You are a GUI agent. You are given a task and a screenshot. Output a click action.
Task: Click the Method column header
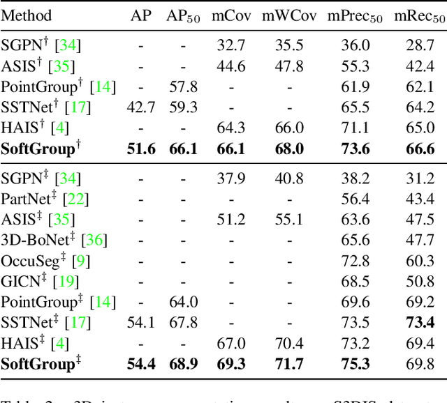point(26,15)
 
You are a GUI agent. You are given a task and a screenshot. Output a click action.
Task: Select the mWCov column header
point(288,15)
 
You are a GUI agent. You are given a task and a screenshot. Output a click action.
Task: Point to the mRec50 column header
point(419,16)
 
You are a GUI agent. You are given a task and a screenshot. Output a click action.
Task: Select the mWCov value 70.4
point(288,343)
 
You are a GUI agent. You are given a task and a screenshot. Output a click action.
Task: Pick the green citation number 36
point(94,241)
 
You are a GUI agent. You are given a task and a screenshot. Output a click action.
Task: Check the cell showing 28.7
point(419,46)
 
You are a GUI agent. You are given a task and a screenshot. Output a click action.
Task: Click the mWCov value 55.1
point(288,220)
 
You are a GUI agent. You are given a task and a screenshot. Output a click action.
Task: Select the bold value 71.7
point(288,363)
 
